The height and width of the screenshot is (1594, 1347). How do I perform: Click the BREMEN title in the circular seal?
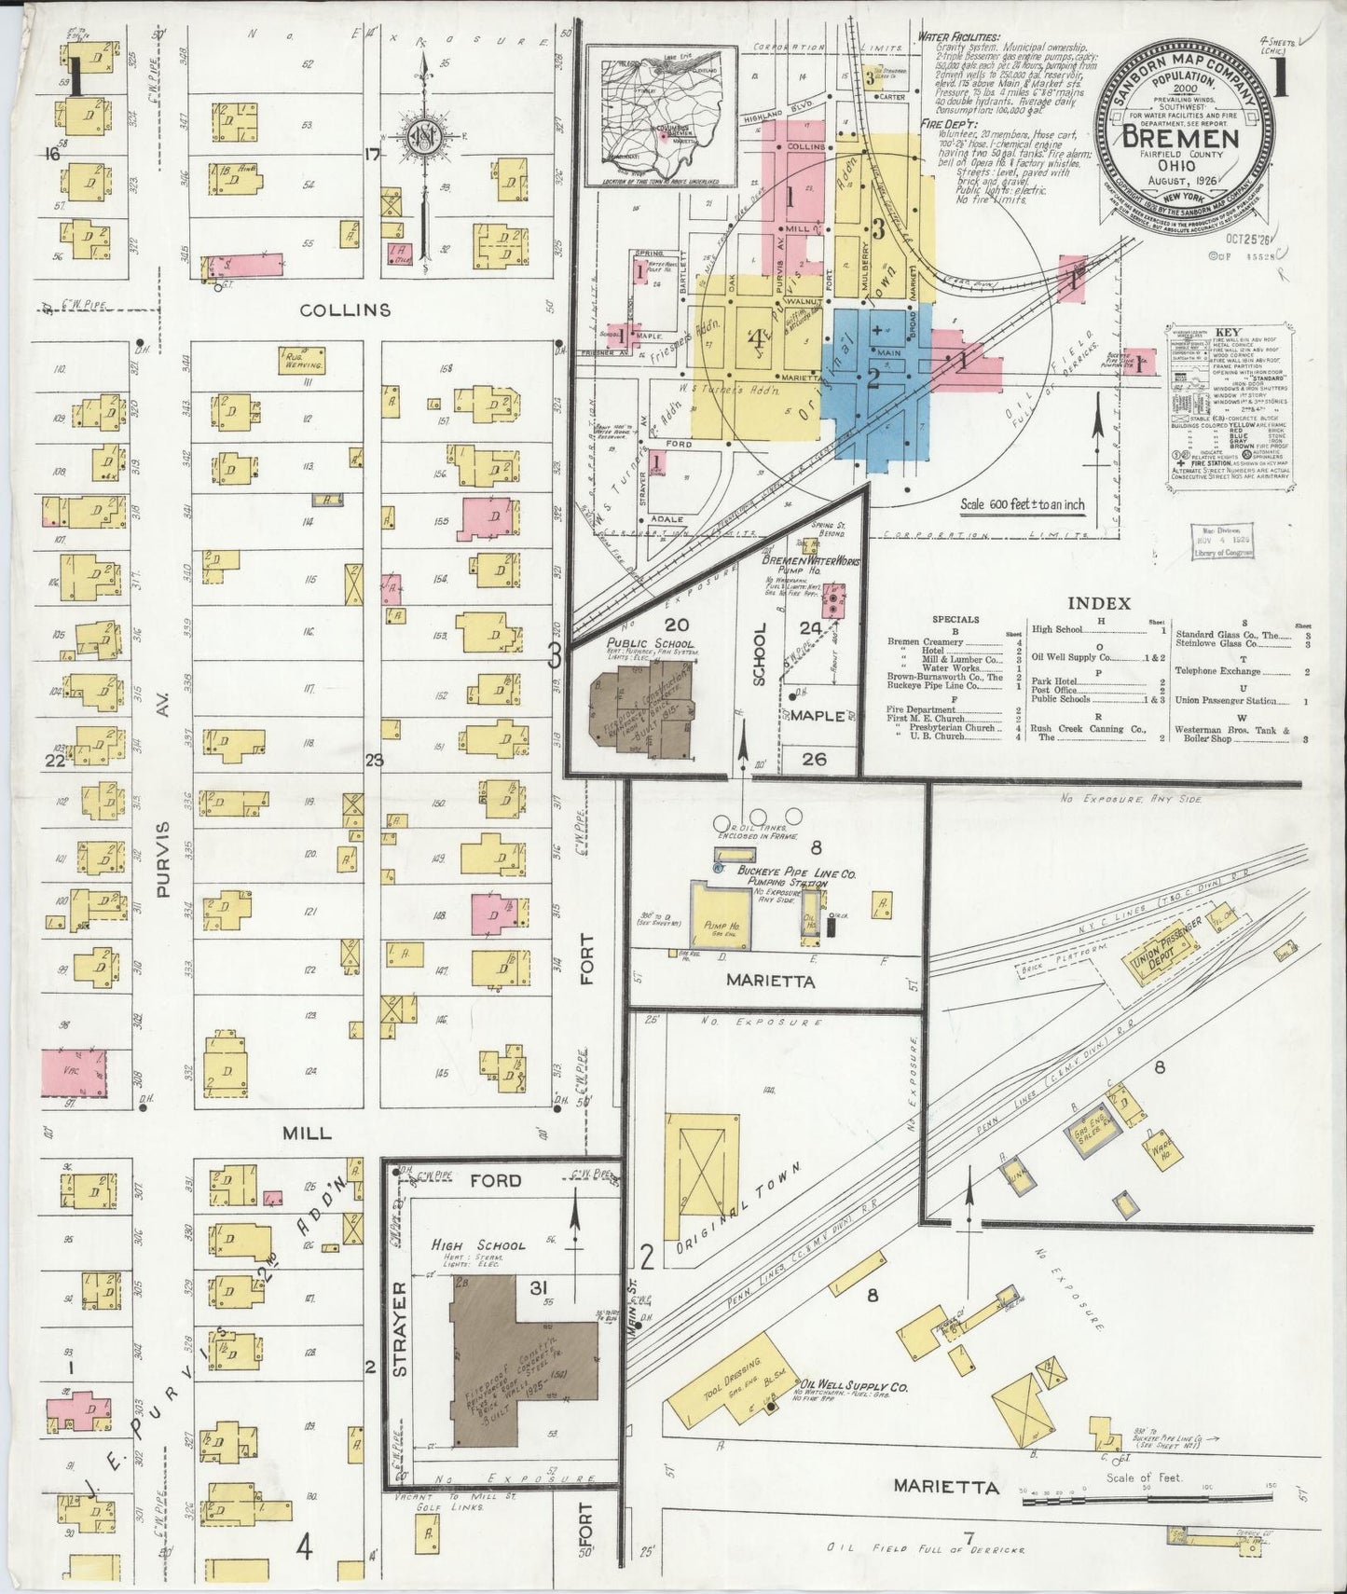click(x=1181, y=139)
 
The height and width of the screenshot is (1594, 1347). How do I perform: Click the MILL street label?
click(x=307, y=1133)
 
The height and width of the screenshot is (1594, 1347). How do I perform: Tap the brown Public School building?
click(x=642, y=708)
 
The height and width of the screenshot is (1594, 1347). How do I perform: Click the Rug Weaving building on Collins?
click(x=302, y=360)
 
